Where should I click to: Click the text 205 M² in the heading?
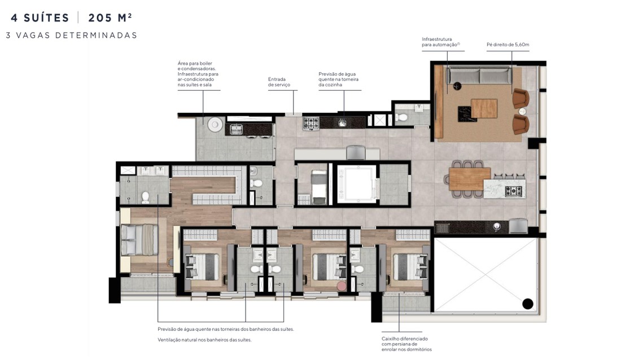pyautogui.click(x=110, y=17)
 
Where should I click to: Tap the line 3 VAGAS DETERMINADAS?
pyautogui.click(x=72, y=35)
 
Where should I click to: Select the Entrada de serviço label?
pyautogui.click(x=279, y=82)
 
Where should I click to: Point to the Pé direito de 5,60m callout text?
pyautogui.click(x=508, y=44)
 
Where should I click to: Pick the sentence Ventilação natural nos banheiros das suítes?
pyautogui.click(x=204, y=340)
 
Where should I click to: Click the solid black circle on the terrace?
pyautogui.click(x=527, y=304)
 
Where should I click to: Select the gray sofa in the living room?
pyautogui.click(x=479, y=75)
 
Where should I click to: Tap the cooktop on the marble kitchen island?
pyautogui.click(x=514, y=191)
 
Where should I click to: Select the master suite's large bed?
pyautogui.click(x=139, y=240)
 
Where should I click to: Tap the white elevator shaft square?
pyautogui.click(x=356, y=183)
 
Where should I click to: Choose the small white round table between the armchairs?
pyautogui.click(x=522, y=112)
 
